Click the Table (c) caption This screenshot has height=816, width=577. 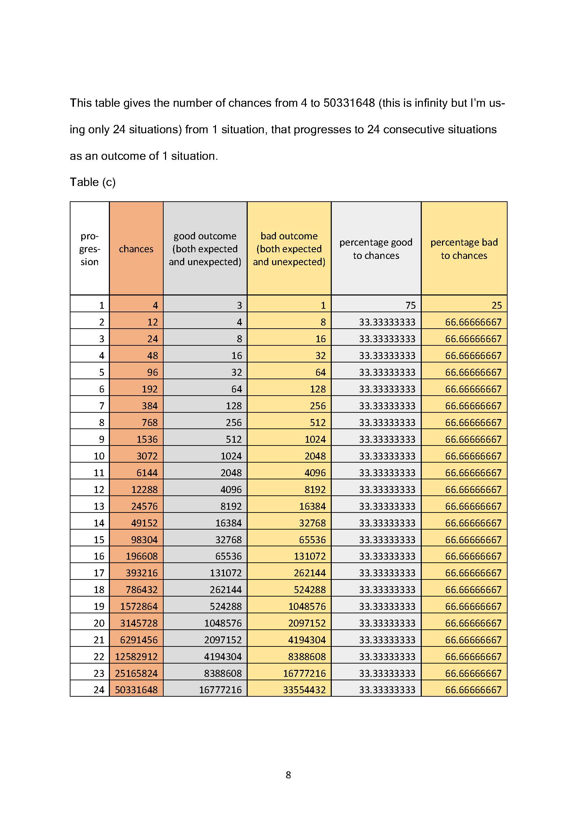(92, 182)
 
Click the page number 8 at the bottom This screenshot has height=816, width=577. (288, 775)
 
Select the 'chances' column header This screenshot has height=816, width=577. (136, 249)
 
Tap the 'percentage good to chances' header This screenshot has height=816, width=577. (376, 249)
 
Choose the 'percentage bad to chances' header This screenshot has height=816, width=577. (464, 249)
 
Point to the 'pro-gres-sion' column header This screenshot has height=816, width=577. (90, 249)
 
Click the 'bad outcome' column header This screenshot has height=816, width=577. (289, 249)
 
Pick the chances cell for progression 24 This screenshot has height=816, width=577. (136, 690)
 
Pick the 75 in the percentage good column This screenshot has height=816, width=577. (410, 305)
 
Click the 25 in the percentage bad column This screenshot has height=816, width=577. (496, 305)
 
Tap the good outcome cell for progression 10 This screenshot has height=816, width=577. (231, 456)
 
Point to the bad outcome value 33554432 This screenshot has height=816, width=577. (304, 690)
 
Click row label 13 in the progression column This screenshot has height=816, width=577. (99, 506)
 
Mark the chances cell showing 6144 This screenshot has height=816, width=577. (147, 473)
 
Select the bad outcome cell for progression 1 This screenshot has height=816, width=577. (323, 305)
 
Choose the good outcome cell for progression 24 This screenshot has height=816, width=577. (220, 690)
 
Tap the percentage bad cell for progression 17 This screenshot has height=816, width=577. (473, 573)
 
